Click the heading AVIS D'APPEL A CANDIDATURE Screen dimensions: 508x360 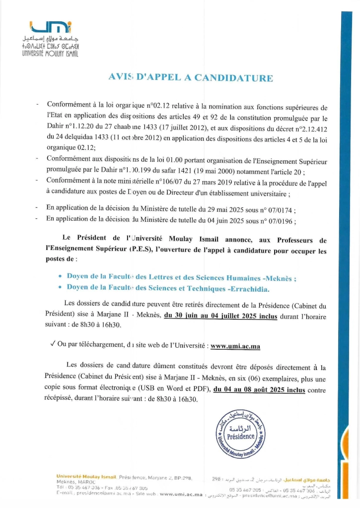click(191, 78)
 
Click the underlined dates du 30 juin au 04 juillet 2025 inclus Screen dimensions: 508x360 click(220, 315)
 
